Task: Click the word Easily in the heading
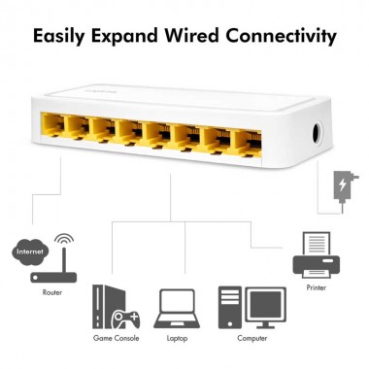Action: [x=66, y=38]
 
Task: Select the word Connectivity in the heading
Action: [x=295, y=38]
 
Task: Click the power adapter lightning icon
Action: [x=342, y=184]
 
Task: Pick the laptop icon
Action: [x=178, y=310]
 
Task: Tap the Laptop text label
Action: [x=178, y=338]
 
